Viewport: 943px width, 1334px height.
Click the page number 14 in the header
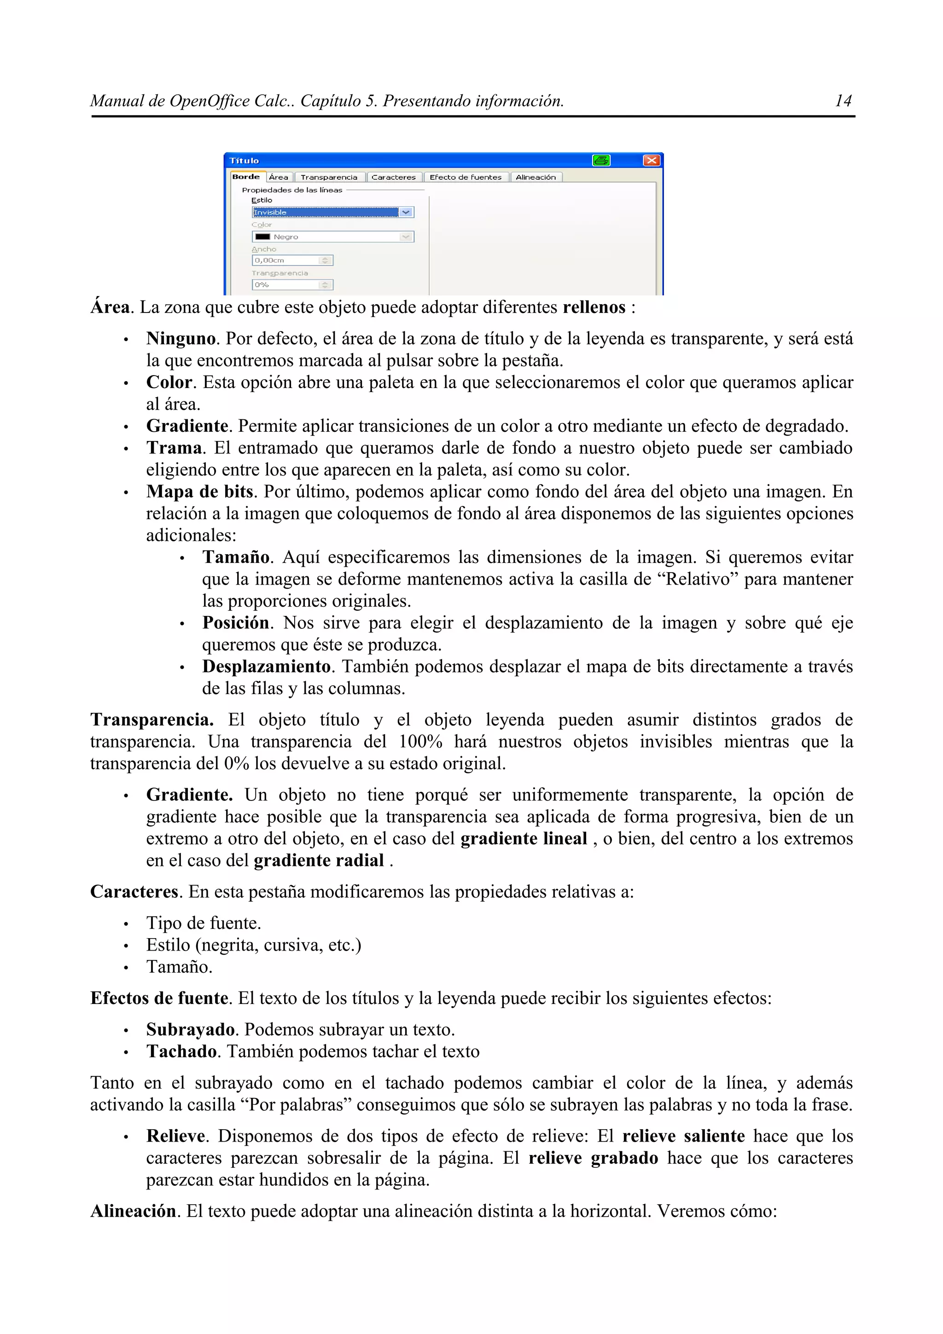point(843,101)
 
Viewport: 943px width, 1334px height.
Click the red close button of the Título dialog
point(652,160)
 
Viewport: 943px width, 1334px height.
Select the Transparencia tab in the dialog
point(329,177)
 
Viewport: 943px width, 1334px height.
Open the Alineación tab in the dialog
point(535,177)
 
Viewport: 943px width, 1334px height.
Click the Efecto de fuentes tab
point(466,177)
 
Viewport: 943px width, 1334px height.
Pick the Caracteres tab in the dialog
point(393,177)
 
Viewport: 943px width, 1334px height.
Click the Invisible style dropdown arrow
point(406,213)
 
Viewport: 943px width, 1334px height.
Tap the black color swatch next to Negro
point(262,237)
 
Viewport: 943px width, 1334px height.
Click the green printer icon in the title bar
point(601,160)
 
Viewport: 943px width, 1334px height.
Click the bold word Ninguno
point(180,339)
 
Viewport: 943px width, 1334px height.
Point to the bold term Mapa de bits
point(200,492)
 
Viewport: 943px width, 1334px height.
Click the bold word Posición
point(235,623)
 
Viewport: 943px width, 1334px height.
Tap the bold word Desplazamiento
point(266,667)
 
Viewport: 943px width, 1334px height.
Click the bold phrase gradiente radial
point(319,860)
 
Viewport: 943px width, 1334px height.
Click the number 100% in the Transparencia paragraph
point(420,742)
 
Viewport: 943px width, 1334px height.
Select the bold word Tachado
point(181,1052)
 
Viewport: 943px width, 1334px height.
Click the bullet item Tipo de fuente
point(204,923)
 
